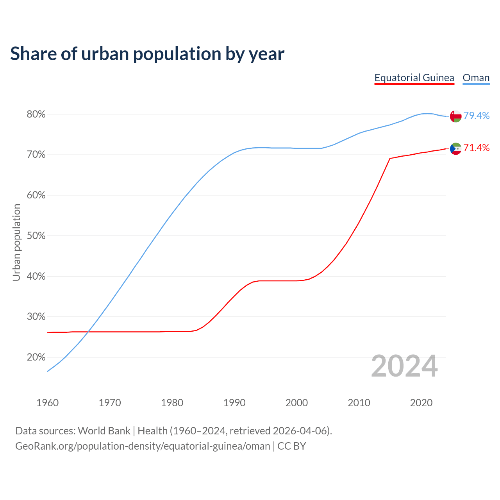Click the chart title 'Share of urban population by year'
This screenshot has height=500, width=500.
(x=147, y=54)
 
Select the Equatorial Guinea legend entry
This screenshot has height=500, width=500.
(x=414, y=78)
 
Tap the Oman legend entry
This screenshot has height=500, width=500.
(x=476, y=78)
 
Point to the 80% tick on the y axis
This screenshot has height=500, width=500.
(x=36, y=114)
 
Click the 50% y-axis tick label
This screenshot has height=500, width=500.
(x=36, y=236)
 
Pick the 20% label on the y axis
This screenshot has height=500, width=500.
(x=36, y=357)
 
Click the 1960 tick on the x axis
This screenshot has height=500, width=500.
(x=48, y=403)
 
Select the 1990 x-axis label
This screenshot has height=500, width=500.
(x=234, y=403)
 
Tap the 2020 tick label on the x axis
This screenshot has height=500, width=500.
(x=421, y=403)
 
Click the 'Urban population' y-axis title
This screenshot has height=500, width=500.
(x=16, y=242)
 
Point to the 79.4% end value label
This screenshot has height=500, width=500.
(x=476, y=116)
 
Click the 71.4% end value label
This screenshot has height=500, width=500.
(x=476, y=148)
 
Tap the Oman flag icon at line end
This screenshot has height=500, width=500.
(x=455, y=116)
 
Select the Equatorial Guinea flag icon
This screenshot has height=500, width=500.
(x=455, y=148)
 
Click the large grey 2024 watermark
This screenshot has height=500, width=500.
(x=404, y=366)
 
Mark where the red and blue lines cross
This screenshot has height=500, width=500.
(x=88, y=332)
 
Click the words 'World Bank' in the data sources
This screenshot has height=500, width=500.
(x=104, y=431)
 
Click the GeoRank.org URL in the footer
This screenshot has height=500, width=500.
(x=143, y=446)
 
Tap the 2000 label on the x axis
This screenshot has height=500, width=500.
(x=296, y=403)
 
